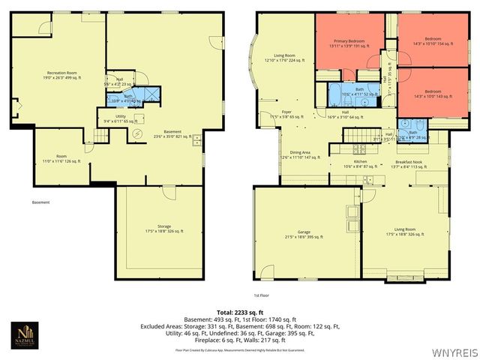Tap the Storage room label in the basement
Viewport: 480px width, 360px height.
[x=159, y=228]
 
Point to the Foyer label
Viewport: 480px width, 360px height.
[x=286, y=114]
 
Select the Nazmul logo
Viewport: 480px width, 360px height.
[x=26, y=333]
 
